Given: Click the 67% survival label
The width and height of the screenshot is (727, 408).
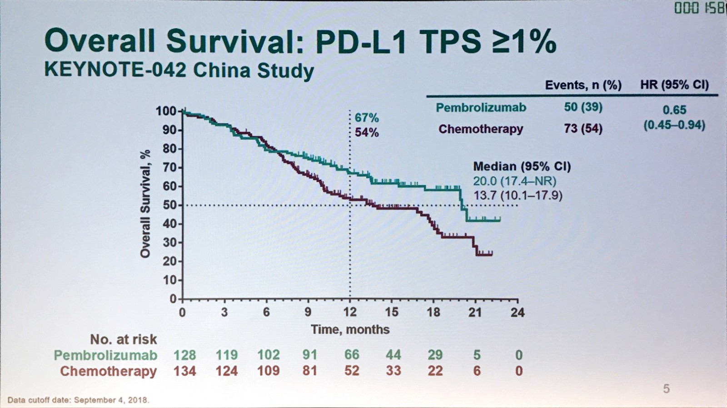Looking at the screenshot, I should click(367, 118).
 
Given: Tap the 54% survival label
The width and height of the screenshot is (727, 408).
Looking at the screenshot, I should click(367, 133).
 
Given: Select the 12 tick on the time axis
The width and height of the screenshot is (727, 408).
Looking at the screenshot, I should click(350, 312).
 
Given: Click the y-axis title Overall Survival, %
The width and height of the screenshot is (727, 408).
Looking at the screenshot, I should click(145, 205).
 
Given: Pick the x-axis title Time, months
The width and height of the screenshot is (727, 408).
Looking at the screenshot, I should click(350, 329).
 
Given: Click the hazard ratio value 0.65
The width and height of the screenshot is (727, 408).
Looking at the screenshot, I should click(674, 110).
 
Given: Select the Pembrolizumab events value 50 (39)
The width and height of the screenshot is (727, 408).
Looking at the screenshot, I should click(583, 107).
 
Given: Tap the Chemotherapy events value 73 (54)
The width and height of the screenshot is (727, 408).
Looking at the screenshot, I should click(583, 129).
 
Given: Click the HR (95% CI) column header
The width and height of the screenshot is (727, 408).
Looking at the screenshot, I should click(674, 85).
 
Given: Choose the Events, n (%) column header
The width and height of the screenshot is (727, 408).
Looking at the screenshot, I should click(583, 85).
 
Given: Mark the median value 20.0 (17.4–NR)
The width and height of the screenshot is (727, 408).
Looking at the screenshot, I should click(514, 181).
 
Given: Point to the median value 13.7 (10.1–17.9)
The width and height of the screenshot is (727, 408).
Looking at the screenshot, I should click(518, 196).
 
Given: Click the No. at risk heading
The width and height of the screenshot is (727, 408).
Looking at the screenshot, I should click(123, 339).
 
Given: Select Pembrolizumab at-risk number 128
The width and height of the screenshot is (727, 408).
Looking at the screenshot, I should click(184, 355).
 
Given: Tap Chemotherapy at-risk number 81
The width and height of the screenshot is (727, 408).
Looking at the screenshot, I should click(309, 371).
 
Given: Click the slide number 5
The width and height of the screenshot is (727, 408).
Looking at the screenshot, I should click(666, 389).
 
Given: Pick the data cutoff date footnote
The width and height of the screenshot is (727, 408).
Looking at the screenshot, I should click(78, 400).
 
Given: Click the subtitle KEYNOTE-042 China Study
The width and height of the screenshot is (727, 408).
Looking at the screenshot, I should click(179, 71).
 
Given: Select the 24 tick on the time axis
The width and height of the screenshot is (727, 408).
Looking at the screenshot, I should click(518, 312).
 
